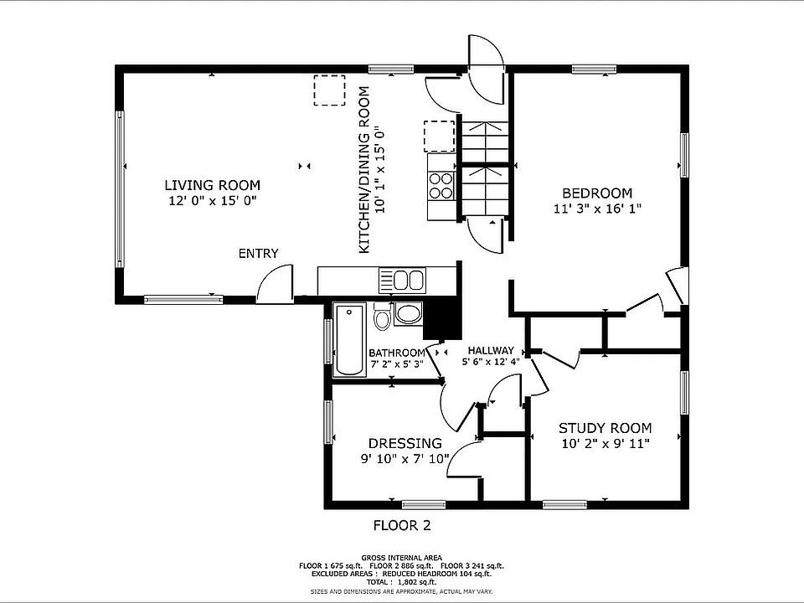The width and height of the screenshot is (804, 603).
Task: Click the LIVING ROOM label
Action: click(x=212, y=185)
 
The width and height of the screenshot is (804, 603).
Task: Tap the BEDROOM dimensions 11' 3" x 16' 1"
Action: click(x=597, y=209)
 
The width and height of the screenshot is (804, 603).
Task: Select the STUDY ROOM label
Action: click(x=605, y=428)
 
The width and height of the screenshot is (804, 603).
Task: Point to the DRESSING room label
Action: click(x=405, y=443)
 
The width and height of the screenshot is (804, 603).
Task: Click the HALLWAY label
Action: click(x=491, y=351)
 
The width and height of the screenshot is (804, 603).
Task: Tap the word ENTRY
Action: click(x=259, y=253)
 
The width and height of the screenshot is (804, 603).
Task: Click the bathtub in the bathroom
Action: click(x=350, y=339)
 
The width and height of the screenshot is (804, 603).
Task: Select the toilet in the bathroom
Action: click(x=382, y=316)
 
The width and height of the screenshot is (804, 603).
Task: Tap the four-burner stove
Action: click(x=441, y=186)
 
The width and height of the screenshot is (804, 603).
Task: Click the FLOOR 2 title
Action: click(x=402, y=525)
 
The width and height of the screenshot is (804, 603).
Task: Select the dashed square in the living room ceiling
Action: click(x=329, y=90)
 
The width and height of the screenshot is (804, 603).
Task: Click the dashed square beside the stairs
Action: click(x=440, y=137)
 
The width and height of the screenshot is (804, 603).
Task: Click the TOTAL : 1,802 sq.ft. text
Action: click(x=401, y=582)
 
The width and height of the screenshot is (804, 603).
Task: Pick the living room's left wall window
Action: click(x=120, y=189)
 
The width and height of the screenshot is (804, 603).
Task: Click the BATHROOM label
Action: click(x=397, y=353)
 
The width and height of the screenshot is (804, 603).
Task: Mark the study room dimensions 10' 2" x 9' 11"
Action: click(x=606, y=444)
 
